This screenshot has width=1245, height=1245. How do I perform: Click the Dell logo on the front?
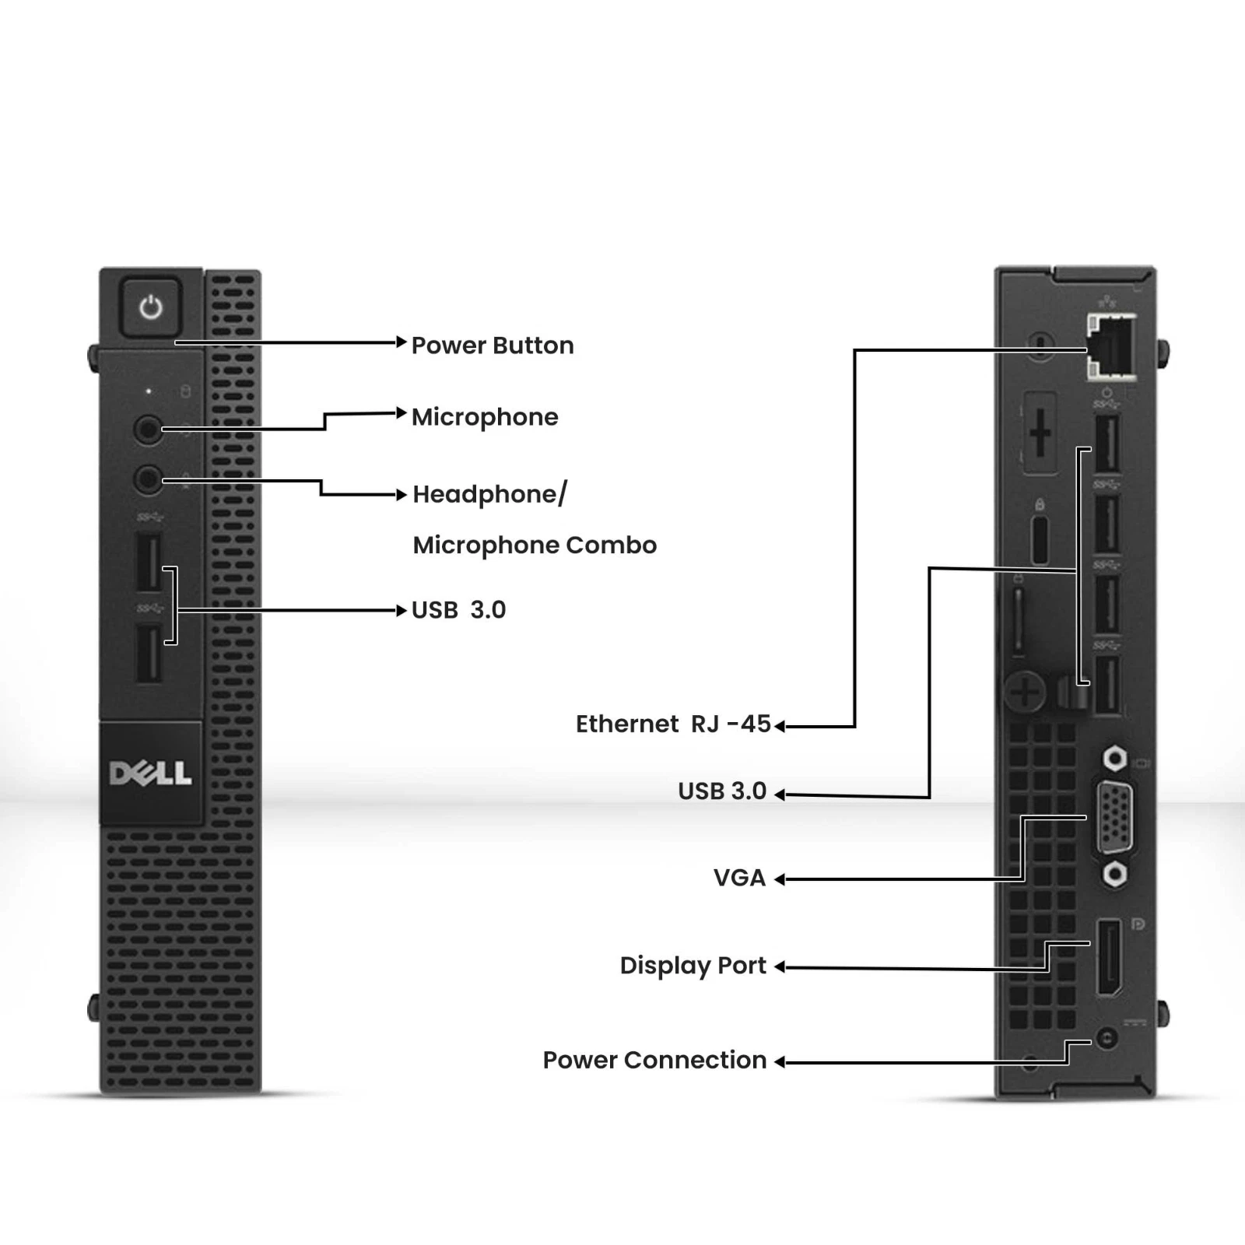150,773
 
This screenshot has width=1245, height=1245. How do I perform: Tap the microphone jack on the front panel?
148,429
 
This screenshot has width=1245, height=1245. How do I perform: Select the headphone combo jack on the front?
148,479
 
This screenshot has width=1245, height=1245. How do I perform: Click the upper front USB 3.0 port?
148,561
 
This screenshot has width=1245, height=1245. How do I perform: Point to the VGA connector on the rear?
1114,818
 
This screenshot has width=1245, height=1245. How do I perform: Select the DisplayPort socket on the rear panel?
1109,956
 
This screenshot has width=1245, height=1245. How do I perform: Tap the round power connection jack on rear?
1106,1038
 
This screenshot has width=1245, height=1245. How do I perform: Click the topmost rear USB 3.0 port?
1107,444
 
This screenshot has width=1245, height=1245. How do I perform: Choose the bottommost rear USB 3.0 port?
1107,685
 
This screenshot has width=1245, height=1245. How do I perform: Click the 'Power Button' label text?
493,345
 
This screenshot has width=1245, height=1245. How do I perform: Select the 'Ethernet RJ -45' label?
673,724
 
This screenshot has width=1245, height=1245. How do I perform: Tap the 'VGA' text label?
739,879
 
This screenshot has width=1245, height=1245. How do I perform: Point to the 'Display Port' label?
693,966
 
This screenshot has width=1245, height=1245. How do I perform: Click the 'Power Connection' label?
654,1060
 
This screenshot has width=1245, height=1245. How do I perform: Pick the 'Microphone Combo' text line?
535,545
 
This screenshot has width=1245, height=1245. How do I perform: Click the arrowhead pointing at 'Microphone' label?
402,413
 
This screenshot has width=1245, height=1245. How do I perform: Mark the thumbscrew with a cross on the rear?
1025,690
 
